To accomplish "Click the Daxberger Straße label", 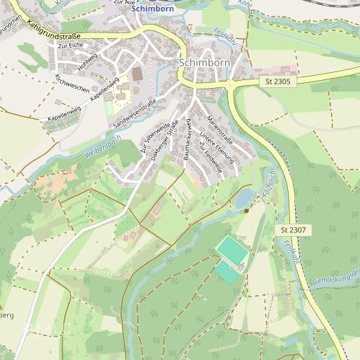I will click(x=165, y=144).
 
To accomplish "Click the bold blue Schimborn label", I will click(x=153, y=9).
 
